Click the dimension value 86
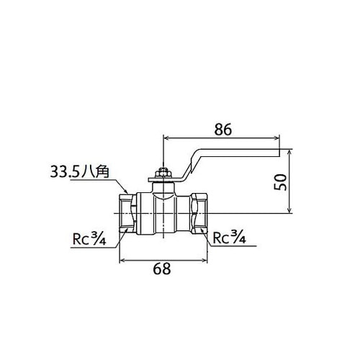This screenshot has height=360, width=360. (x=223, y=130)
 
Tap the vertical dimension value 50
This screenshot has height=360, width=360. (x=280, y=182)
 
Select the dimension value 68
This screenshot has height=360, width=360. (x=162, y=269)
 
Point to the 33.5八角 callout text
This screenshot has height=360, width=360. (x=80, y=172)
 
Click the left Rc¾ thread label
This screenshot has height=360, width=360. (x=89, y=238)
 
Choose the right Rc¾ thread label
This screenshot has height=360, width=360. (x=229, y=237)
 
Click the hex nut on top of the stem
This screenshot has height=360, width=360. (x=163, y=173)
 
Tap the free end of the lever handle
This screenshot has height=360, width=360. (x=279, y=153)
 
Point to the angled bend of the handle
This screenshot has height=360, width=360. (x=189, y=166)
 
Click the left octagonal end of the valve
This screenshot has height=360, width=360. (x=127, y=213)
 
